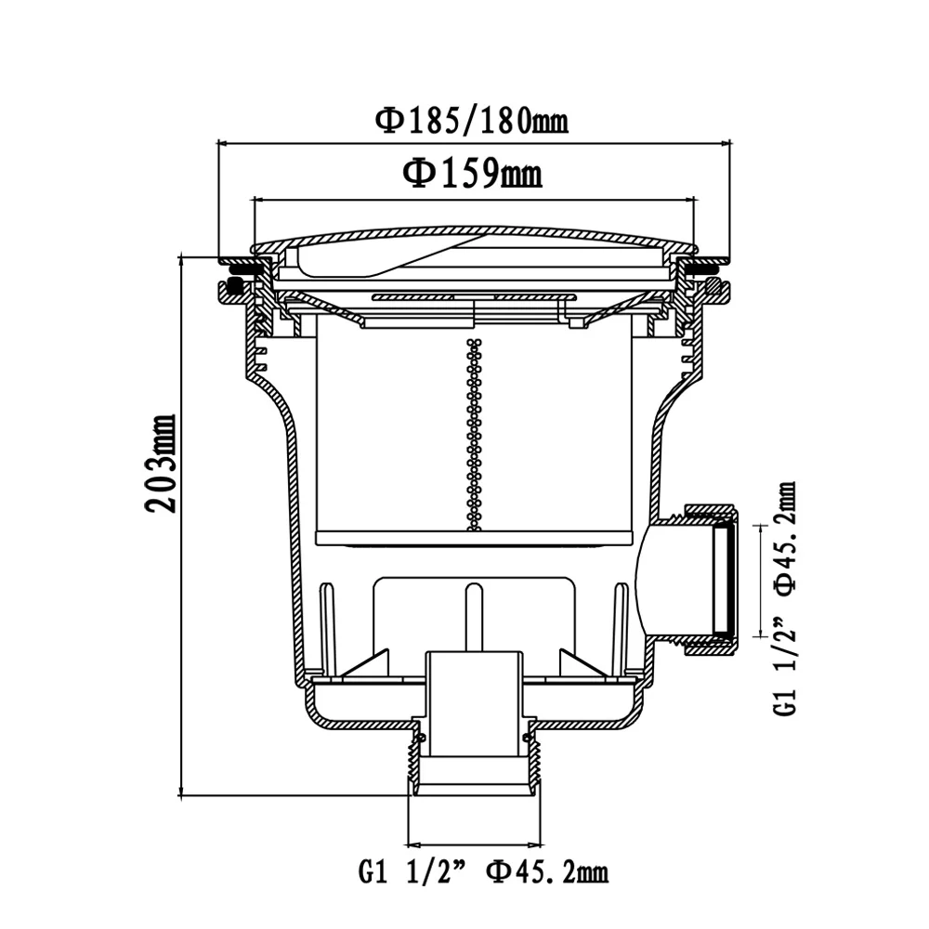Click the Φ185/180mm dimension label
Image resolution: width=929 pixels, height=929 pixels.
[x=472, y=121]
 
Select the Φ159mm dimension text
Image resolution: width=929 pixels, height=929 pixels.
[x=472, y=174]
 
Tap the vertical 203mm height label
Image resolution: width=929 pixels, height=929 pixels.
[x=161, y=464]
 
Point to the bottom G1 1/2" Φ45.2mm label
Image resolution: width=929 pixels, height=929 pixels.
[x=483, y=871]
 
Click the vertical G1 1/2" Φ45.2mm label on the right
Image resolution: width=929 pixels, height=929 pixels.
[x=785, y=598]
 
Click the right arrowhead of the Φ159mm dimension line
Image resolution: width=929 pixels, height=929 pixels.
[x=688, y=200]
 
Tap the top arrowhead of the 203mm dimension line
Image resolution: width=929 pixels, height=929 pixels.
[x=181, y=261]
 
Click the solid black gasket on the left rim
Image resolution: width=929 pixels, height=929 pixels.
[x=236, y=287]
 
